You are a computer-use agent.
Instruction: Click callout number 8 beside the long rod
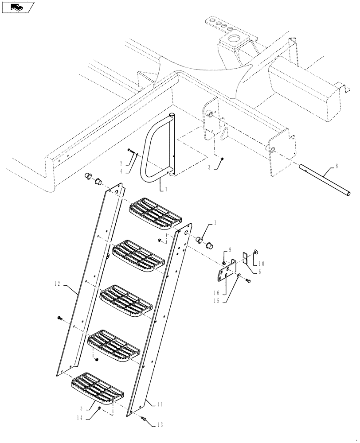click(x=337, y=167)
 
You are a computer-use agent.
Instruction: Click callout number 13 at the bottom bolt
click(x=159, y=424)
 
